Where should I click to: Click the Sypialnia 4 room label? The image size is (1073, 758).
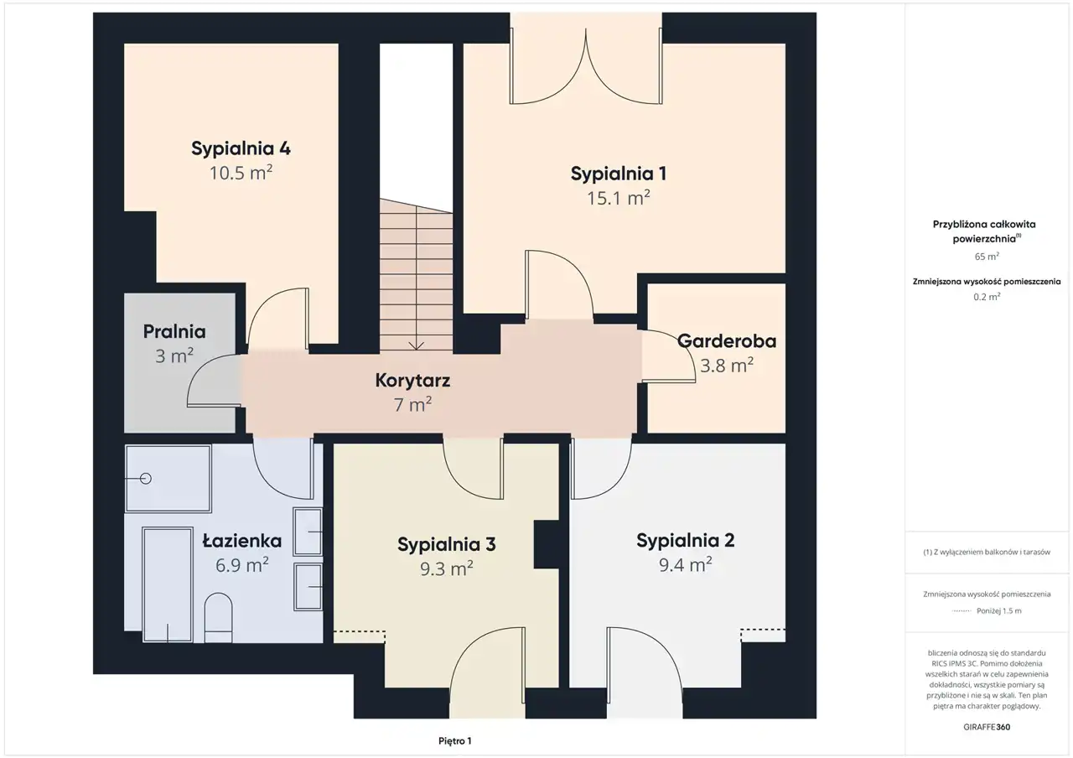coord(241,148)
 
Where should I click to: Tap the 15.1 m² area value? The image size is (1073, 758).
coord(619,197)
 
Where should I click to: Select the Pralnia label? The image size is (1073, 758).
coord(174,331)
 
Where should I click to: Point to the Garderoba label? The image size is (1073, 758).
coord(727,341)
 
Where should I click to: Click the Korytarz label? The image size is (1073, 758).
coord(412,381)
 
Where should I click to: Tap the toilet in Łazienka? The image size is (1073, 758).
coord(218,618)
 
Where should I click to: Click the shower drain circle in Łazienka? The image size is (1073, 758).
coord(146,478)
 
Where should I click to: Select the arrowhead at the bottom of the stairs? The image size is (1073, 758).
coord(417,345)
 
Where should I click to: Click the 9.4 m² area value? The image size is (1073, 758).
coord(686,564)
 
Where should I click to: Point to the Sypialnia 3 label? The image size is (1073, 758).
coord(447,544)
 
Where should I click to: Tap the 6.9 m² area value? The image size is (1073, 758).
coord(241,565)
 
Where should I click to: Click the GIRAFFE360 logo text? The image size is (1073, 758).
coord(987,727)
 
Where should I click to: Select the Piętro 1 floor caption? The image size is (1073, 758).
coord(455,740)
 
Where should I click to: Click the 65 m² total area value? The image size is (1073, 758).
coord(987,257)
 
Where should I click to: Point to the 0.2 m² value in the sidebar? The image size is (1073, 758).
coord(987,297)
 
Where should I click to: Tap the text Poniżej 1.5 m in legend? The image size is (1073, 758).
coord(999,611)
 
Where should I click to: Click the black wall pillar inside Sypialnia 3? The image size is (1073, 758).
coord(547,544)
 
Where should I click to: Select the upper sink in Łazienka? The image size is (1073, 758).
coord(308,532)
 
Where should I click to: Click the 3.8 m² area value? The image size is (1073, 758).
coord(727,366)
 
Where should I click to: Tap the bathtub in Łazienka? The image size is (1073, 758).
coord(168,584)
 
